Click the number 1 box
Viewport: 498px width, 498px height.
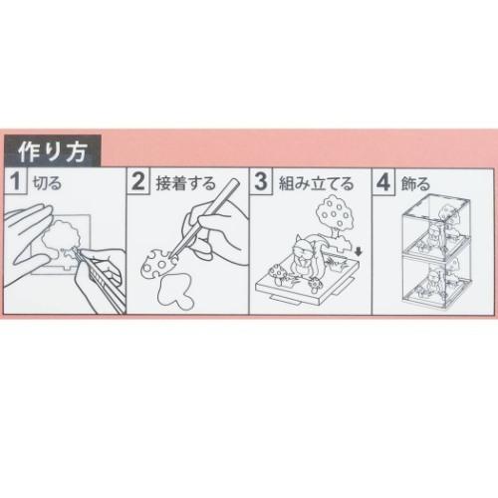[17, 181]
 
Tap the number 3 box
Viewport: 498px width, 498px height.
[261, 181]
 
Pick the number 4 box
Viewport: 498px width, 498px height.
[383, 181]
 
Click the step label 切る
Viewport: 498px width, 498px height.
[45, 181]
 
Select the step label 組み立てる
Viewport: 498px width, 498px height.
[308, 181]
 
